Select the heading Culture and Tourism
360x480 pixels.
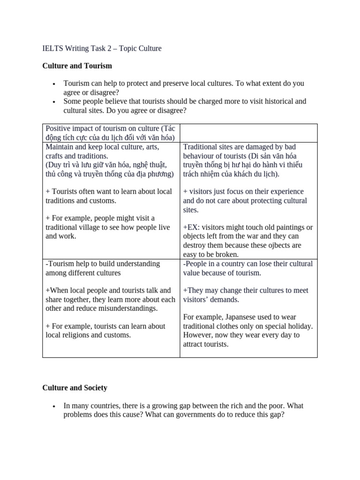pyautogui.click(x=77, y=66)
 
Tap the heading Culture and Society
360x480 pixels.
pyautogui.click(x=75, y=388)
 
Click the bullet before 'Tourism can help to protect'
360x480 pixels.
pyautogui.click(x=55, y=84)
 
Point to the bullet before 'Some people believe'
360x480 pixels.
pyautogui.click(x=55, y=102)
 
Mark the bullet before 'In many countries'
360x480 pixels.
pyautogui.click(x=55, y=406)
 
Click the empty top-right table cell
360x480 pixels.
pyautogui.click(x=248, y=133)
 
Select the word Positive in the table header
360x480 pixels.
pyautogui.click(x=58, y=128)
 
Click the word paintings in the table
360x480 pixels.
pyautogui.click(x=288, y=227)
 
